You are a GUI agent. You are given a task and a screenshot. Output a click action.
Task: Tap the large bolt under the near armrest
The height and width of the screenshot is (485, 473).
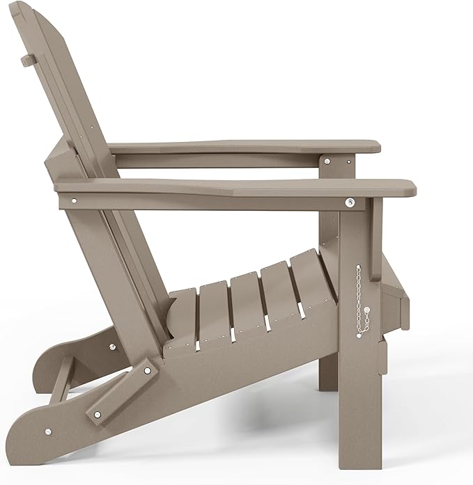[350, 202]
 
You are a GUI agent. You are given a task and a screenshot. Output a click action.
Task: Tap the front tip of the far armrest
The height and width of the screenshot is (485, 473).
[375, 146]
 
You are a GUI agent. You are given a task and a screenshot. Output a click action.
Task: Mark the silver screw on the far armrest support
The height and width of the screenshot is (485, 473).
[325, 161]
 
